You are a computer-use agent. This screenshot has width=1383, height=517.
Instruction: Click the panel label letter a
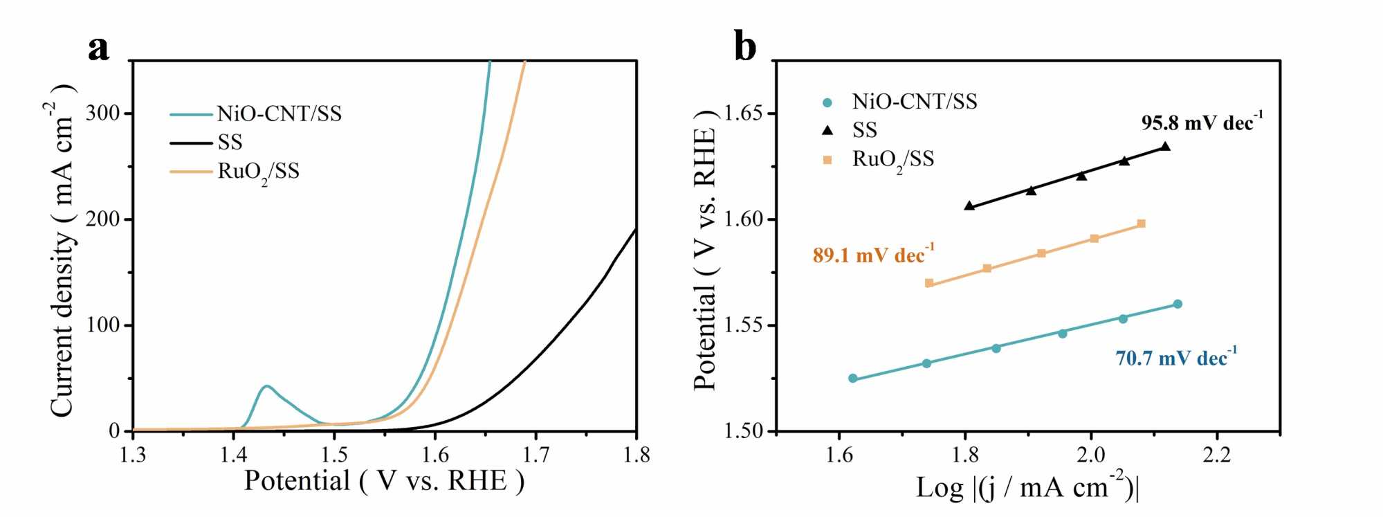(x=98, y=49)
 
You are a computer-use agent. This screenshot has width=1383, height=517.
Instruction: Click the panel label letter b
(x=745, y=48)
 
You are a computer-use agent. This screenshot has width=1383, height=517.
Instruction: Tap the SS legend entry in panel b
(x=864, y=130)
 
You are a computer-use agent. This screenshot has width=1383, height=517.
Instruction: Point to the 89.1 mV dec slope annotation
(x=873, y=255)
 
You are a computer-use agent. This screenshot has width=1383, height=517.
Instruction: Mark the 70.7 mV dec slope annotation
(x=1175, y=358)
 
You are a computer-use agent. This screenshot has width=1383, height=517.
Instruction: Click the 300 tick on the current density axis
(x=102, y=113)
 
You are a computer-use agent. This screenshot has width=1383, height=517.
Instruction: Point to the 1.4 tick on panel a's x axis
(x=234, y=455)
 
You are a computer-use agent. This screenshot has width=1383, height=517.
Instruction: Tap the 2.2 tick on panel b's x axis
(x=1217, y=455)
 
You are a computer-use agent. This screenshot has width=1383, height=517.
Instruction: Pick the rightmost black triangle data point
(x=1165, y=147)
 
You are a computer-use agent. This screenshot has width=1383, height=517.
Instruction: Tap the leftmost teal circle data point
(x=852, y=379)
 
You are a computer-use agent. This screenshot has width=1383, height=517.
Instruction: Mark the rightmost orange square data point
(x=1141, y=224)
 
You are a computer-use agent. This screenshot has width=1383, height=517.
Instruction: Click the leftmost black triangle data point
(x=969, y=206)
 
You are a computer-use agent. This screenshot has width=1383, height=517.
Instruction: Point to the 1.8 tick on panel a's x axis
(x=636, y=455)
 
